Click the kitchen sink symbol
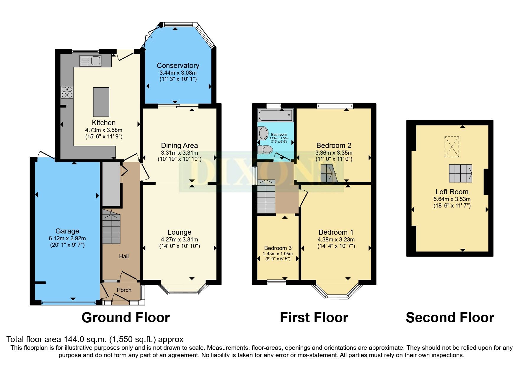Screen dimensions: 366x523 (90, 61)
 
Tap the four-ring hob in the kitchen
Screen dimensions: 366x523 (67, 92)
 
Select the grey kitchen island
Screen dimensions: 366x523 (101, 102)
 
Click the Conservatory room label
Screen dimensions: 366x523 (178, 66)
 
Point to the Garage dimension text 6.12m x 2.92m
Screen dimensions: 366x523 (67, 238)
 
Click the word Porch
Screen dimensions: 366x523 (124, 290)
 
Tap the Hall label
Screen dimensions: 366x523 (124, 256)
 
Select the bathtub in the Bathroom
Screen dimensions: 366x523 (276, 115)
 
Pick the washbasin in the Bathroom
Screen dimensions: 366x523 (263, 133)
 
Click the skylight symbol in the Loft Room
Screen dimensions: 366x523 (452, 147)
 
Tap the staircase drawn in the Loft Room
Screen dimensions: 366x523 (460, 173)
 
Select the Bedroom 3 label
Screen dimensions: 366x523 (278, 248)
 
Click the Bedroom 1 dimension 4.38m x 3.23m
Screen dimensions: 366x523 (336, 240)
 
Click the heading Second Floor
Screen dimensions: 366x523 (450, 318)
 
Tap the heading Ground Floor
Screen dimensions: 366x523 (126, 318)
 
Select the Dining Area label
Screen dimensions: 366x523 (179, 146)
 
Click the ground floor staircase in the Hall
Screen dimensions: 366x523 (111, 227)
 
